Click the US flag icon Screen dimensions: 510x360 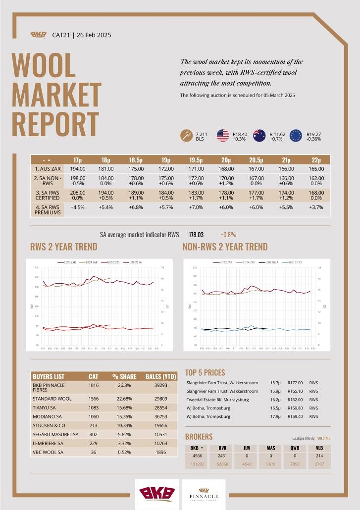pyautogui.click(x=223, y=136)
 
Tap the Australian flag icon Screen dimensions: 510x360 pyautogui.click(x=259, y=136)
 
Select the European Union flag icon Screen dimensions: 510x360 pyautogui.click(x=296, y=136)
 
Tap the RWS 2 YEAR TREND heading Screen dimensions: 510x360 pyautogui.click(x=63, y=247)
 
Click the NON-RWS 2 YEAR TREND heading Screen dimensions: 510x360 pyautogui.click(x=225, y=247)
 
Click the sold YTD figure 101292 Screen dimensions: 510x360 pyautogui.click(x=197, y=464)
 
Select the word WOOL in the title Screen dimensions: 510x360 pyautogui.click(x=44, y=66)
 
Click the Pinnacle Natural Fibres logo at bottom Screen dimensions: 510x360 pyautogui.click(x=204, y=494)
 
